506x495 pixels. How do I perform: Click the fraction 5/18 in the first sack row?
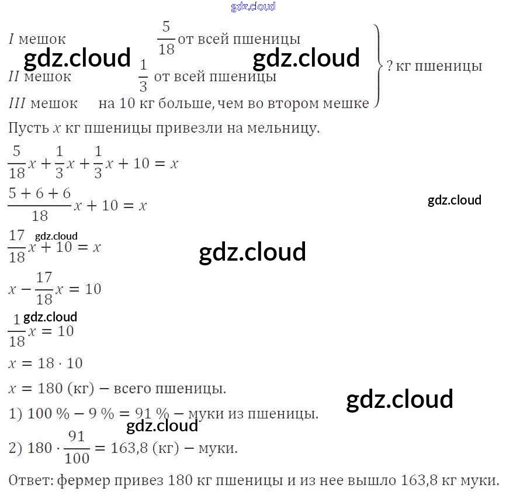point(166,39)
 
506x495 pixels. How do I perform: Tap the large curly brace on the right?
point(379,65)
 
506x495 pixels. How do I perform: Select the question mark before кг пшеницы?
point(390,66)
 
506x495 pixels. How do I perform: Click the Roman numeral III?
point(16,103)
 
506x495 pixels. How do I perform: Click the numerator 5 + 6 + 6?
point(39,193)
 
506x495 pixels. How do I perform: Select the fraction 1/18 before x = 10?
point(17,331)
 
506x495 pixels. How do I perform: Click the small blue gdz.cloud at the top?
point(252,7)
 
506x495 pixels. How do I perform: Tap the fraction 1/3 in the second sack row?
point(143,76)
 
